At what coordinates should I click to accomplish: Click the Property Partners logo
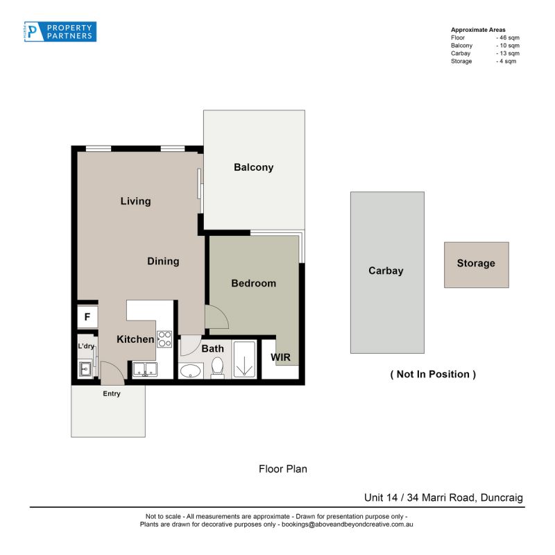point(60,32)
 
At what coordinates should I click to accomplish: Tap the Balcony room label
point(253,167)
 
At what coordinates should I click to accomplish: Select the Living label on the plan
point(135,201)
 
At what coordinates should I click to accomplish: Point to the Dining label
point(163,262)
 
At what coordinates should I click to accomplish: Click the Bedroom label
point(253,284)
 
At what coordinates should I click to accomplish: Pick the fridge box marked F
point(87,317)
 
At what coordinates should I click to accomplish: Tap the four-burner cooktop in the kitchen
point(164,339)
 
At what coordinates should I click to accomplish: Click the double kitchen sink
point(145,369)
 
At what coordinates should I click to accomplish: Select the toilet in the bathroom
point(217,367)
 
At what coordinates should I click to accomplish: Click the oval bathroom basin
point(190,371)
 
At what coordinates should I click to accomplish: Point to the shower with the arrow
point(244,359)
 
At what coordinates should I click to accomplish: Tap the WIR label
point(280,357)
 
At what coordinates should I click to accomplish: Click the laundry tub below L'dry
point(85,369)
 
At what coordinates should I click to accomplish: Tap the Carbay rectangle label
point(386,271)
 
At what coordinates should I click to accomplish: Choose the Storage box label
point(476,264)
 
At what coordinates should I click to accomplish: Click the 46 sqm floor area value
point(508,37)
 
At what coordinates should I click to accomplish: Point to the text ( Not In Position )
point(433,375)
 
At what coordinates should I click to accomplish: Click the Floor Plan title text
point(283,469)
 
